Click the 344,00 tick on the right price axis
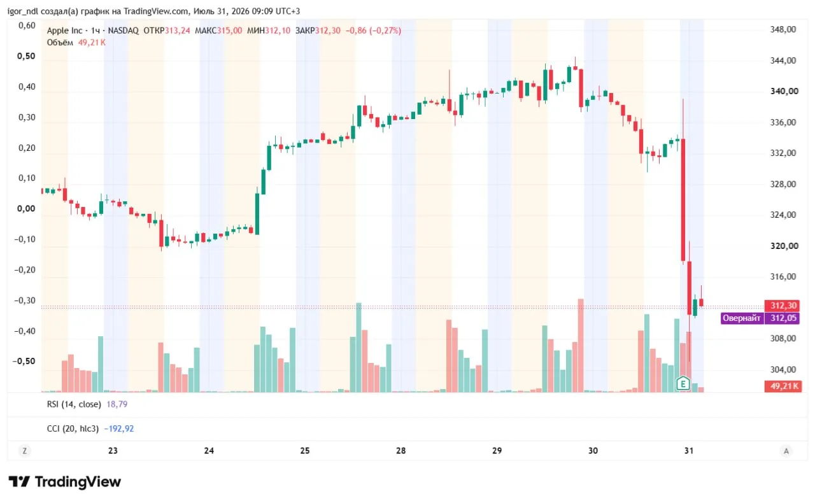click(x=783, y=60)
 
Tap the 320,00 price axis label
click(x=784, y=246)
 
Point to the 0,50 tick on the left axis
click(x=26, y=56)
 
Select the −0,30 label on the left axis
click(x=25, y=301)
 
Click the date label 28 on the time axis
click(x=400, y=451)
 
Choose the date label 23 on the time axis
click(x=113, y=451)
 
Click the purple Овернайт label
click(x=742, y=318)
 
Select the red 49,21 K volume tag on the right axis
click(x=783, y=386)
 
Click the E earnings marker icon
click(x=683, y=384)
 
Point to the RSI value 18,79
click(x=117, y=404)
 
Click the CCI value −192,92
click(x=119, y=429)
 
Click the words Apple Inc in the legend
click(x=64, y=31)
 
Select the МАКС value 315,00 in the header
click(x=230, y=31)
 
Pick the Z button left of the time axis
click(x=25, y=451)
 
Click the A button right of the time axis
click(x=786, y=451)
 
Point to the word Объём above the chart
click(x=60, y=43)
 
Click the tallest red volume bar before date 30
click(x=581, y=345)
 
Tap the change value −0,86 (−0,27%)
click(x=373, y=31)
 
